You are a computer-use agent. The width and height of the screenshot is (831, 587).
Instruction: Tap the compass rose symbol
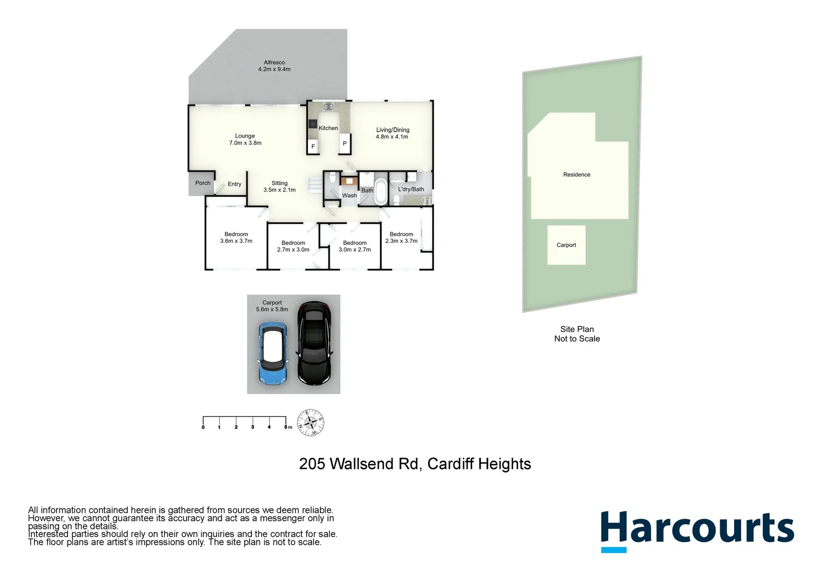coord(311,422)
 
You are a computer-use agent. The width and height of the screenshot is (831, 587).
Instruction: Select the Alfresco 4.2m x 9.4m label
coord(274,66)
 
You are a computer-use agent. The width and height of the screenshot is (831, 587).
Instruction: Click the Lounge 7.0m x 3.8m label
coord(245,140)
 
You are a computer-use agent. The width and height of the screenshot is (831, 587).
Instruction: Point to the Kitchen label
coord(328,128)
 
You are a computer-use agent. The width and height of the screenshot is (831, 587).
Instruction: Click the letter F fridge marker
coord(313,147)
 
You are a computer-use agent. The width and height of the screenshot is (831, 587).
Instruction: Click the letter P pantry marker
coord(344,144)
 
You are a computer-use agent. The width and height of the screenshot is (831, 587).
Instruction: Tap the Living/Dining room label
coord(392,133)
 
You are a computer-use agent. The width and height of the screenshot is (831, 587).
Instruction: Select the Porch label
coord(203,183)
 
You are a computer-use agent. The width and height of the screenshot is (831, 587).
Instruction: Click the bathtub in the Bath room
coord(381,191)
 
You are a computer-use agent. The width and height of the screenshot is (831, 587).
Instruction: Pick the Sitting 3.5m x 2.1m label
coord(280,186)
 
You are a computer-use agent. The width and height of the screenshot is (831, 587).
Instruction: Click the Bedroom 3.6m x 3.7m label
coord(236,238)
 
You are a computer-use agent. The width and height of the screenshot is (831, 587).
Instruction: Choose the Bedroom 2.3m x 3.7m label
coord(401,238)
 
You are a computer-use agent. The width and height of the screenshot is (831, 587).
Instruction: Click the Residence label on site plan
coord(576,174)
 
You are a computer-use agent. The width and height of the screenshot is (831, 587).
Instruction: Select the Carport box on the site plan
coord(566,245)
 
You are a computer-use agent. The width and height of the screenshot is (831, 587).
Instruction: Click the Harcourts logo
coord(697,530)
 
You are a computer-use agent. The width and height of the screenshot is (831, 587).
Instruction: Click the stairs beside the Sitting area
coord(315,184)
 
